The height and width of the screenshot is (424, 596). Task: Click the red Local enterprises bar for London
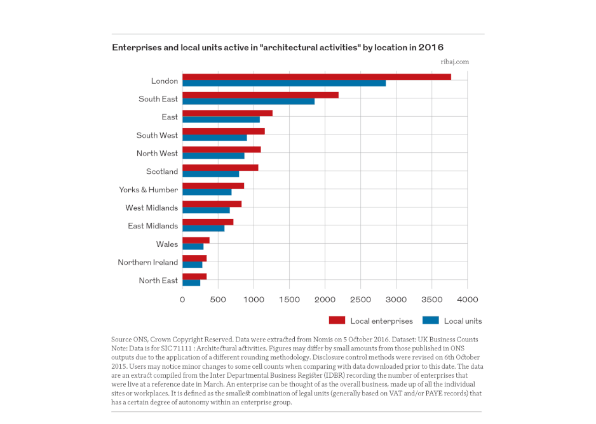pyautogui.click(x=316, y=77)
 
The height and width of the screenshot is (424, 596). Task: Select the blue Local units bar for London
pyautogui.click(x=284, y=83)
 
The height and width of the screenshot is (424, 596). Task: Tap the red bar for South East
pyautogui.click(x=261, y=95)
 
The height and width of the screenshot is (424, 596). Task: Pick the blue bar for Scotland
pyautogui.click(x=210, y=174)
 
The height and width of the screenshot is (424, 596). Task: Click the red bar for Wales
pyautogui.click(x=196, y=241)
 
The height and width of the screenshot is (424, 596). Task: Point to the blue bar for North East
pyautogui.click(x=191, y=283)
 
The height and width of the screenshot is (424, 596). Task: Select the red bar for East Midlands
pyautogui.click(x=208, y=222)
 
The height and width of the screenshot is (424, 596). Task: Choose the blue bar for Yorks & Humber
pyautogui.click(x=207, y=192)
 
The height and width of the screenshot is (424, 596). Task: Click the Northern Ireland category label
pyautogui.click(x=148, y=262)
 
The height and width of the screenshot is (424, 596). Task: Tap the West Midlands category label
pyautogui.click(x=152, y=208)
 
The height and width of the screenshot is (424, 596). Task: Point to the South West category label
pyautogui.click(x=157, y=135)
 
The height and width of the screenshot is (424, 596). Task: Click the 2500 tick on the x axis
pyautogui.click(x=360, y=300)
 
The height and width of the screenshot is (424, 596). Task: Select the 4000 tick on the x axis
pyautogui.click(x=468, y=300)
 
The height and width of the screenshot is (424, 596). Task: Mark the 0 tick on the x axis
pyautogui.click(x=182, y=300)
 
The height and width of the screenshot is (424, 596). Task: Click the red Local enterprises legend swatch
pyautogui.click(x=337, y=321)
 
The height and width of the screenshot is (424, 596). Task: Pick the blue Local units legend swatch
pyautogui.click(x=431, y=321)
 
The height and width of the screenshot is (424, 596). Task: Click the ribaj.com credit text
pyautogui.click(x=455, y=62)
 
